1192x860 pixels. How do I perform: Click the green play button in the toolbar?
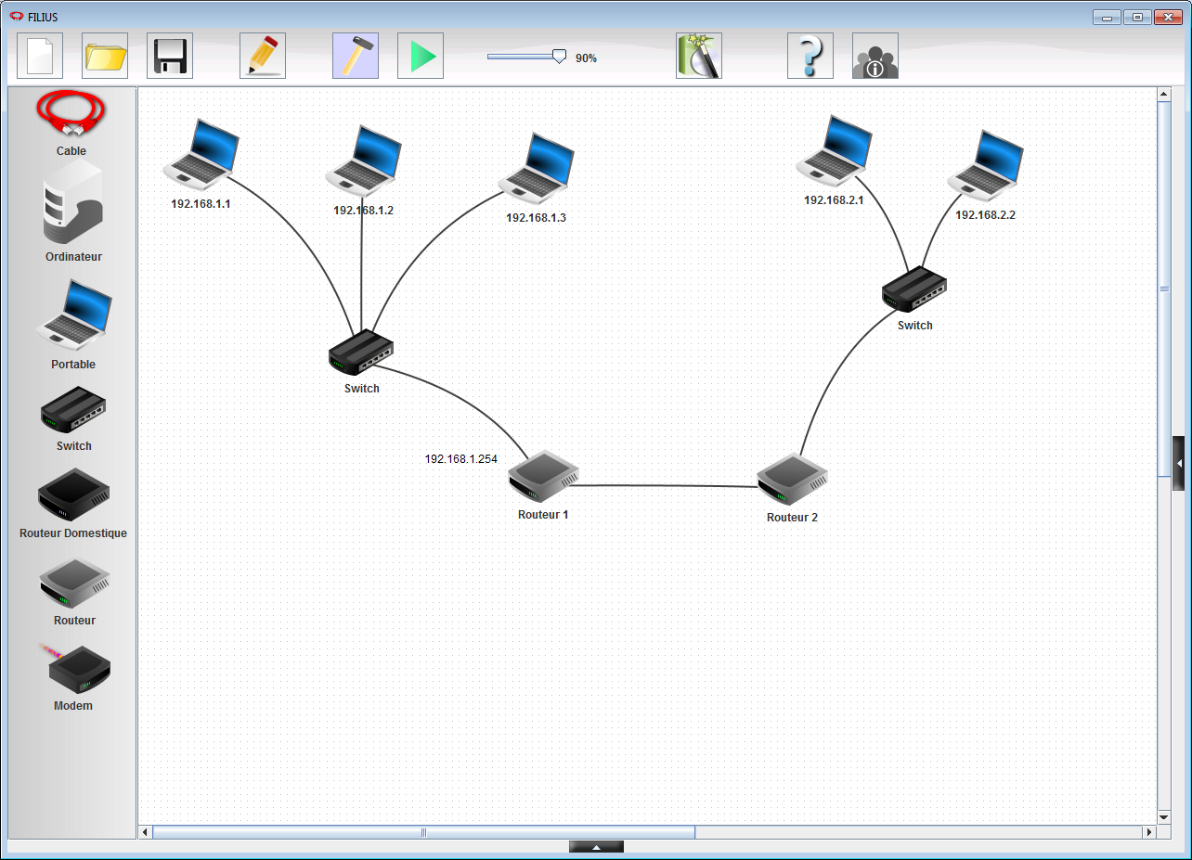(x=421, y=56)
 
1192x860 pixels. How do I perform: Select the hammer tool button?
(x=356, y=56)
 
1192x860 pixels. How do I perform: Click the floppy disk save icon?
(x=170, y=56)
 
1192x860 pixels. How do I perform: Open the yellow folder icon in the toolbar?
(x=105, y=56)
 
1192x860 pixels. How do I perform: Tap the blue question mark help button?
(x=810, y=56)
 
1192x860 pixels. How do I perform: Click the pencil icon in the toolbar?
(x=263, y=56)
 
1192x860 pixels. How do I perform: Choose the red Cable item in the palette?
(x=71, y=113)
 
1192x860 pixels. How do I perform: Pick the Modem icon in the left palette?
(x=78, y=669)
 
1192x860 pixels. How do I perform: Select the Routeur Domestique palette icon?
(x=73, y=494)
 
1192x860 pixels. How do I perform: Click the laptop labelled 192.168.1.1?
(x=201, y=155)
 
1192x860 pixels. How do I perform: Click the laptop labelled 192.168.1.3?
(x=537, y=169)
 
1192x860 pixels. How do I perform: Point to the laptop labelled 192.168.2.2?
(x=986, y=166)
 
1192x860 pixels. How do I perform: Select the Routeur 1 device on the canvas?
(x=543, y=477)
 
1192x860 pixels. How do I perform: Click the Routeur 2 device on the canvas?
(x=793, y=480)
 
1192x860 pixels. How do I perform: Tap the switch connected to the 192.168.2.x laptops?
(x=914, y=289)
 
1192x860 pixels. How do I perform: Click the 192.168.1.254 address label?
(x=460, y=459)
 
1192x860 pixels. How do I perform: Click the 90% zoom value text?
(x=586, y=58)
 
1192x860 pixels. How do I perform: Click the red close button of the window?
(x=1168, y=17)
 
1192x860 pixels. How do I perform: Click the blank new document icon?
(x=40, y=56)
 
